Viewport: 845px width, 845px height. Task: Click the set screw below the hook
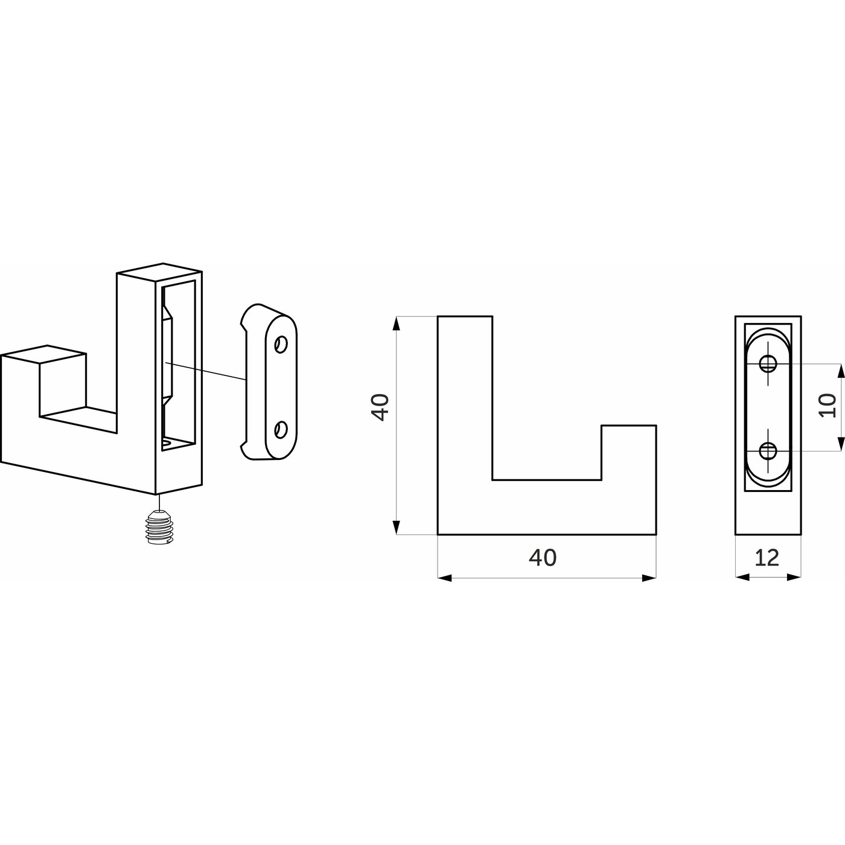(160, 528)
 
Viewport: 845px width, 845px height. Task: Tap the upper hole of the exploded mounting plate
(281, 345)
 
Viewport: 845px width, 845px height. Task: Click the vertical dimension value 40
(380, 407)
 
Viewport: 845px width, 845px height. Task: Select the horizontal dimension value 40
(543, 557)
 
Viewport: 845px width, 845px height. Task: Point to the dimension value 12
(767, 558)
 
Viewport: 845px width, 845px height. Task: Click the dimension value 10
(827, 406)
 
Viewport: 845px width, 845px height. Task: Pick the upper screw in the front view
(768, 363)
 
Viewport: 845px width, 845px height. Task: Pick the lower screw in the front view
(768, 450)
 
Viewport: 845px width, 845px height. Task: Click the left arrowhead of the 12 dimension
(742, 578)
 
